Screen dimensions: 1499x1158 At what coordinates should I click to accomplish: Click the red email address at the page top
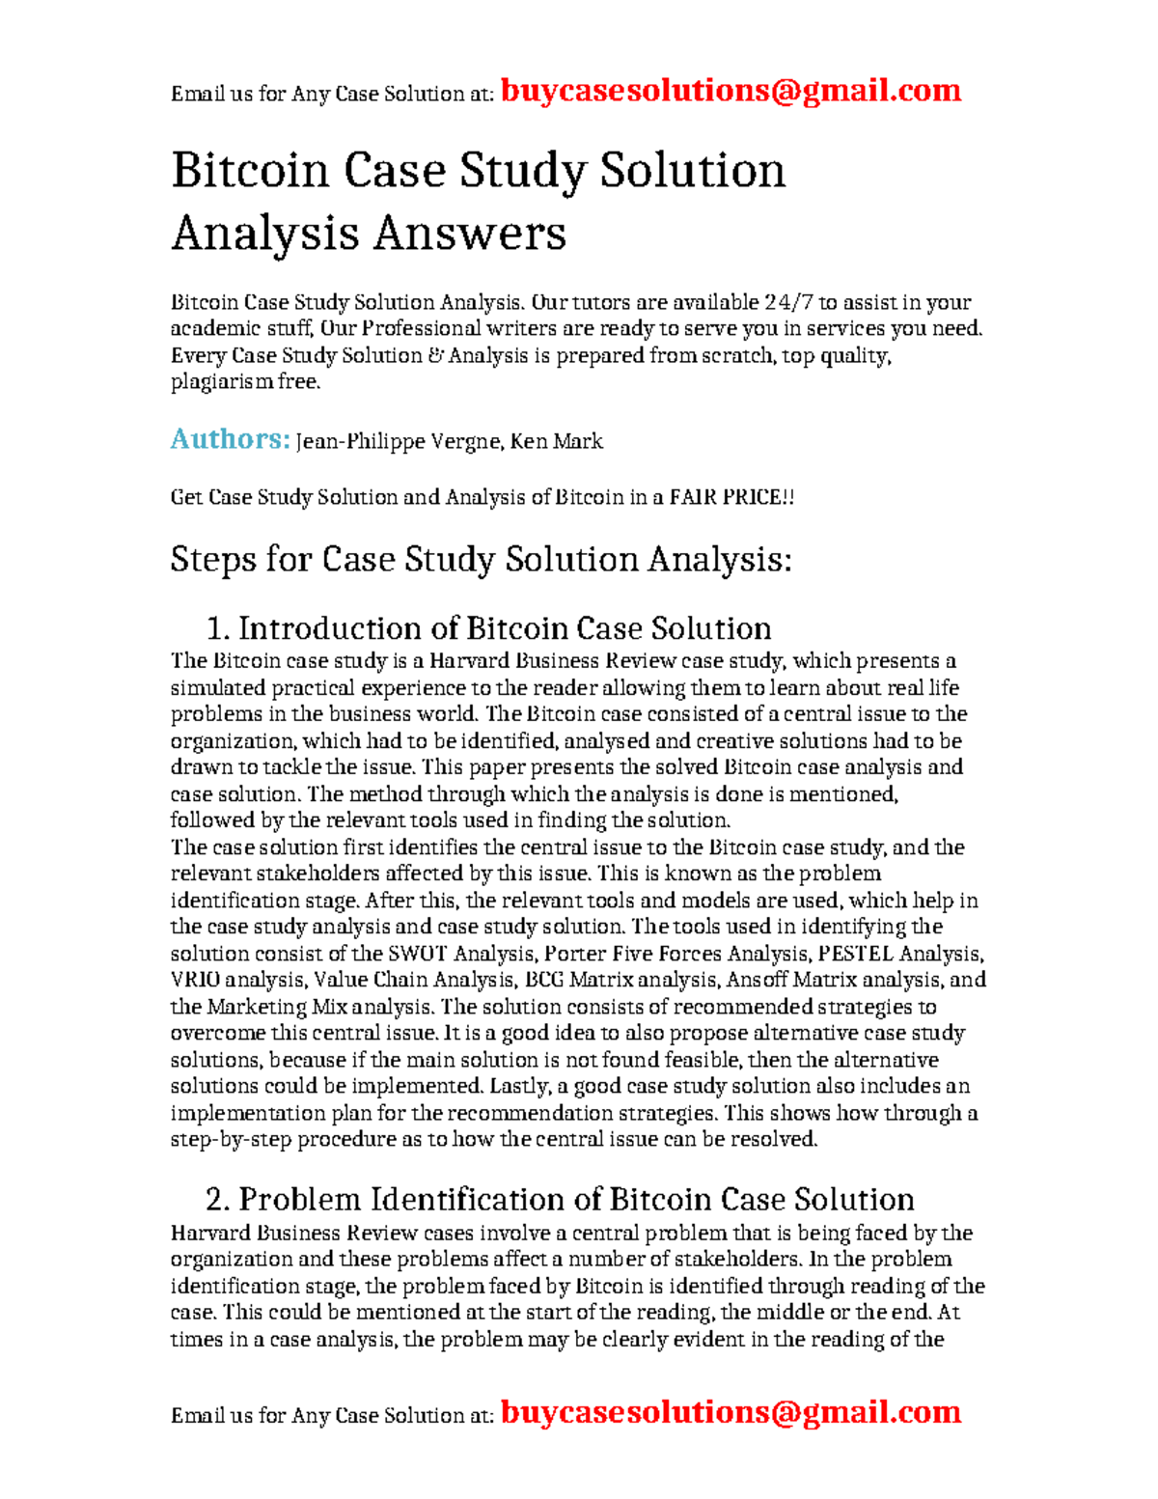coord(731,91)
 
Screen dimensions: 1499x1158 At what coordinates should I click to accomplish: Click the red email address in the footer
coord(731,1412)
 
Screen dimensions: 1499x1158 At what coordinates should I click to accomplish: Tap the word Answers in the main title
coord(469,234)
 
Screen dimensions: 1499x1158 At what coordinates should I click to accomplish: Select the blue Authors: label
coord(230,440)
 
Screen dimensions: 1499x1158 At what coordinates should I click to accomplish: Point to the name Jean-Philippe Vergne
coord(398,442)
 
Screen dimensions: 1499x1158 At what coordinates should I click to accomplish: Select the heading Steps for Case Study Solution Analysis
coord(481,560)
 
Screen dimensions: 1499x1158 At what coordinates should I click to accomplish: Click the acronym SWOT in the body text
coord(417,955)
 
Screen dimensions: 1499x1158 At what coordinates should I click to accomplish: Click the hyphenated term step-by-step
coord(231,1140)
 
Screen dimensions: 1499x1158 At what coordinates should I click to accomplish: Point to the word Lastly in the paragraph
coord(517,1087)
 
